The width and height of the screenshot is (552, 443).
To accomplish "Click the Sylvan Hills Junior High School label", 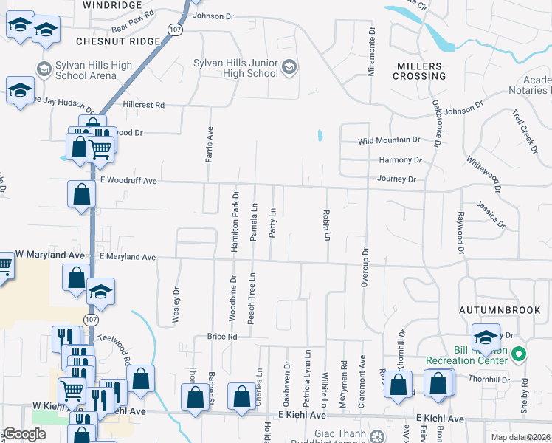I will click(235, 68).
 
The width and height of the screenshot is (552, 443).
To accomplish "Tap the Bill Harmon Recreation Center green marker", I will click(519, 355).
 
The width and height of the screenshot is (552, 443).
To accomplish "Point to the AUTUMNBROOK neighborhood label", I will click(500, 310).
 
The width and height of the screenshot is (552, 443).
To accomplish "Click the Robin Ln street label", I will click(325, 224).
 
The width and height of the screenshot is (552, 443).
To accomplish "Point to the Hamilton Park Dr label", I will click(235, 221).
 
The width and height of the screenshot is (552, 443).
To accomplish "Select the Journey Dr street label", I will click(397, 179).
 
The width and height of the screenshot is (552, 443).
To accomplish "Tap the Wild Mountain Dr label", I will click(389, 140).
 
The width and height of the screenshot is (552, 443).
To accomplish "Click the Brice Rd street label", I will click(222, 337).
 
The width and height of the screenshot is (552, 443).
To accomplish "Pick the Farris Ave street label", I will click(210, 144).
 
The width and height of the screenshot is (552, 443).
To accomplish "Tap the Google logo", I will click(25, 434).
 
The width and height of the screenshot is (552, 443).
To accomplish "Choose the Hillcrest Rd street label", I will click(144, 105).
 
